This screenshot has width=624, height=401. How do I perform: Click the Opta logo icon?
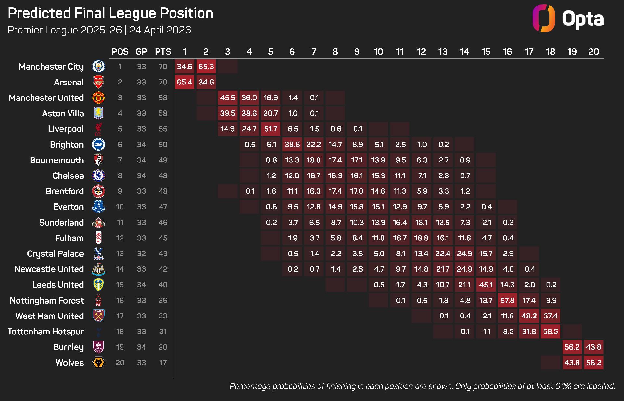[544, 18]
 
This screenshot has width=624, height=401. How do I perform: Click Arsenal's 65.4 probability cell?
[185, 82]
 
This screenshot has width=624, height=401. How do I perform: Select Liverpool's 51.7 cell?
[271, 129]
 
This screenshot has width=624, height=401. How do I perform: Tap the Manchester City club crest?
[98, 67]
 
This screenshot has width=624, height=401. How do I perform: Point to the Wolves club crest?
[98, 363]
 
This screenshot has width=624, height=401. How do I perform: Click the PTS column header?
[163, 52]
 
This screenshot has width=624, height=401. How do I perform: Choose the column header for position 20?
[593, 52]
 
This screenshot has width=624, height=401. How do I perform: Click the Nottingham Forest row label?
[47, 301]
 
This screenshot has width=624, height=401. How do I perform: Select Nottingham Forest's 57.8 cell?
[507, 300]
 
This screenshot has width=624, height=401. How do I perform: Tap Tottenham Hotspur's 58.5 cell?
[551, 331]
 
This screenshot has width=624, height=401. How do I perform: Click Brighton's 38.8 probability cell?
[292, 144]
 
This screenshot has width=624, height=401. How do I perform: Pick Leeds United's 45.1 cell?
[486, 285]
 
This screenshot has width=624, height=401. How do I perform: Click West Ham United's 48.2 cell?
[529, 316]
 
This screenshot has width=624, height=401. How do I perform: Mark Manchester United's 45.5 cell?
[227, 97]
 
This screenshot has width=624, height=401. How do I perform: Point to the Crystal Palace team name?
[55, 254]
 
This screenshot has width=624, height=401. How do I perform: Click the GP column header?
[141, 52]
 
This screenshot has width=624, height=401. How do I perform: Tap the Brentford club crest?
[98, 191]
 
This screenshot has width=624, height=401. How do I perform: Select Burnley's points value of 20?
[163, 347]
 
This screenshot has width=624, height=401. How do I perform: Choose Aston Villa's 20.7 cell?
[271, 113]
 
